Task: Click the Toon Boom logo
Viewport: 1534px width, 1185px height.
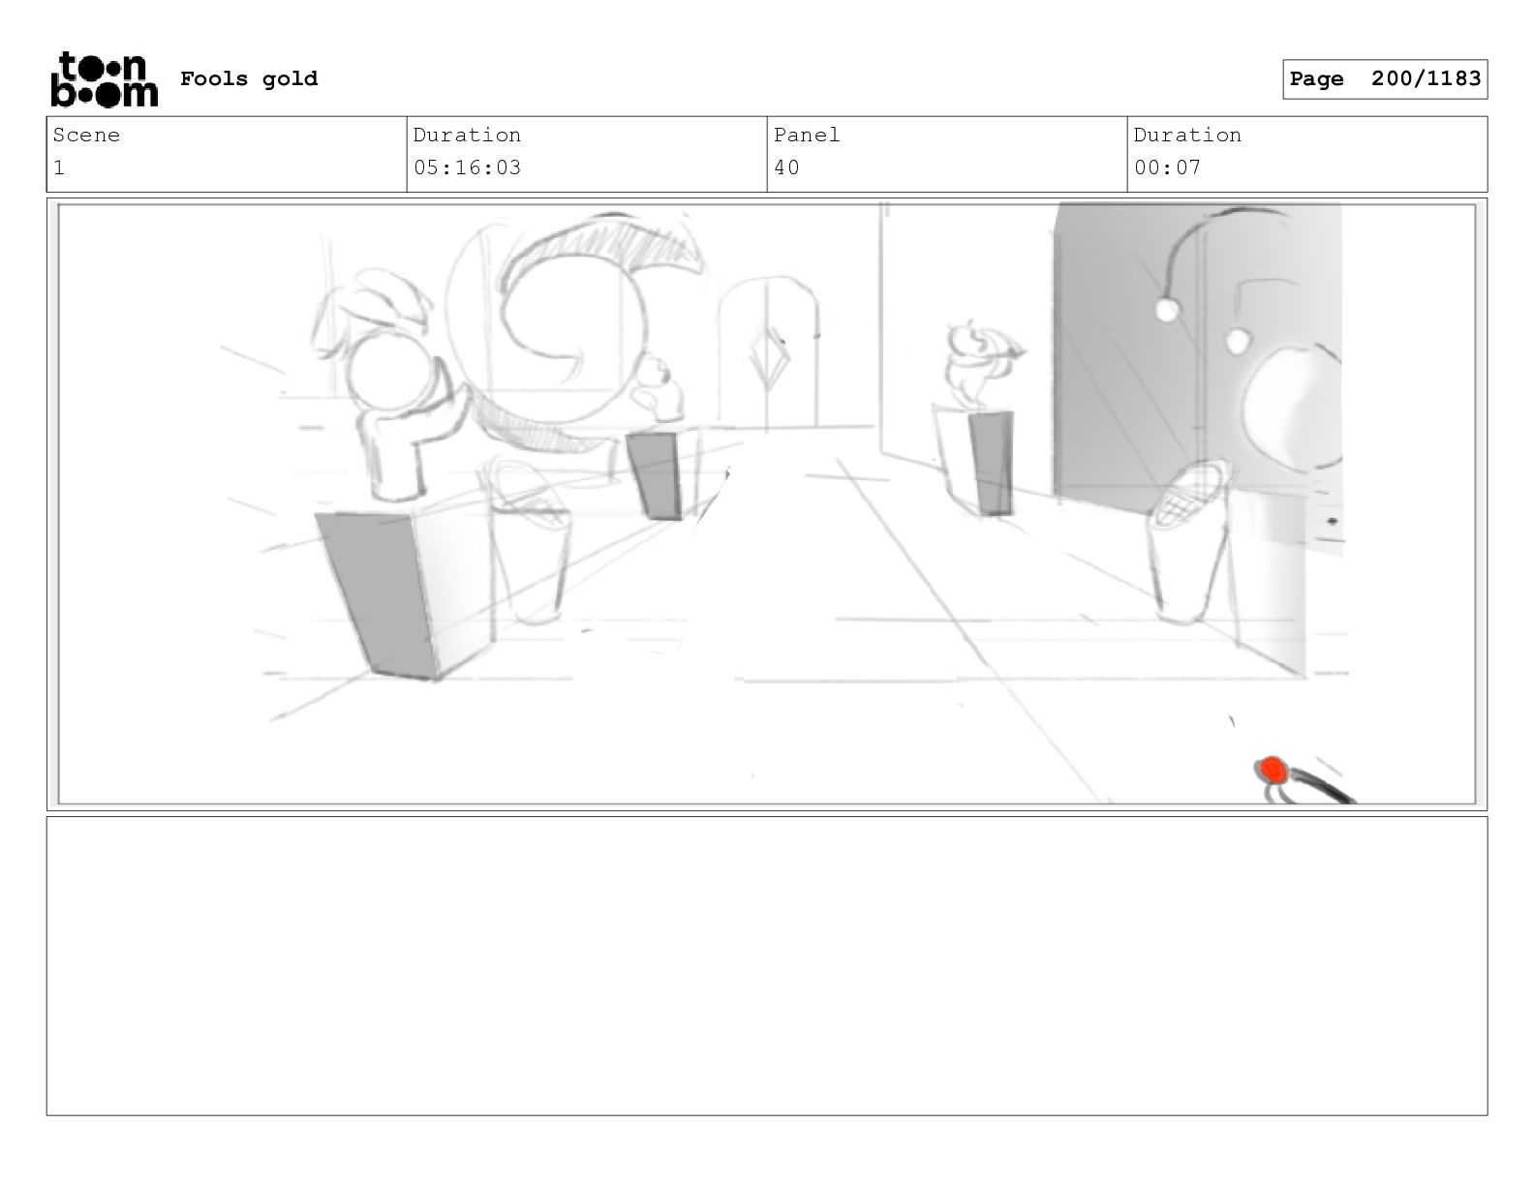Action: point(105,79)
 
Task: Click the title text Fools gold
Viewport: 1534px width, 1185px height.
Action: point(249,79)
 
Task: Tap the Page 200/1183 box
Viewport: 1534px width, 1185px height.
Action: point(1384,79)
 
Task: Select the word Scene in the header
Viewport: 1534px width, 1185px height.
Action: point(86,135)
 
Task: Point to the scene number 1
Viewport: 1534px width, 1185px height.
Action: point(59,168)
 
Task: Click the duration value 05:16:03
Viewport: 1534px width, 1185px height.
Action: point(468,168)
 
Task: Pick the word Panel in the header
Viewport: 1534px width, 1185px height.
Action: point(806,135)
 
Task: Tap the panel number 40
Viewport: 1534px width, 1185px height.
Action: point(786,168)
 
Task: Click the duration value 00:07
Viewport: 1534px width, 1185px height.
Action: point(1167,168)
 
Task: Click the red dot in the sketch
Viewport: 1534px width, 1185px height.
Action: point(1273,770)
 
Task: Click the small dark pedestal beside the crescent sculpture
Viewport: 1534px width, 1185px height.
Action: point(655,475)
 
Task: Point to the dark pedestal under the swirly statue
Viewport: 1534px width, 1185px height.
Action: point(991,463)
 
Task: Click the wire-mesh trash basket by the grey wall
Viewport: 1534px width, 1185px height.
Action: point(1189,542)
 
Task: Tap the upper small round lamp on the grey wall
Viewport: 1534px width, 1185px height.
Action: point(1167,310)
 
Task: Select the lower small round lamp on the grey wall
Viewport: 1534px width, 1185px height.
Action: point(1237,342)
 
